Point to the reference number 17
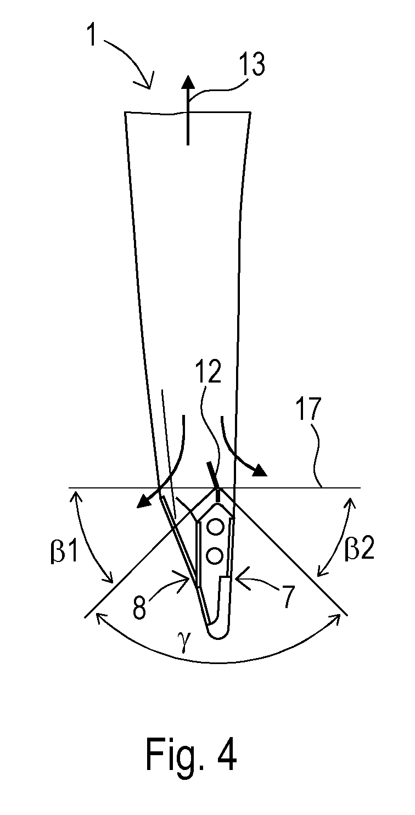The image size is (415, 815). coord(310,409)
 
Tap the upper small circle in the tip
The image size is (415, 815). coord(215,527)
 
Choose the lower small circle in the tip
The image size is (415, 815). coord(215,555)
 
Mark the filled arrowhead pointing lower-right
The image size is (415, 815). coord(260,470)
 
